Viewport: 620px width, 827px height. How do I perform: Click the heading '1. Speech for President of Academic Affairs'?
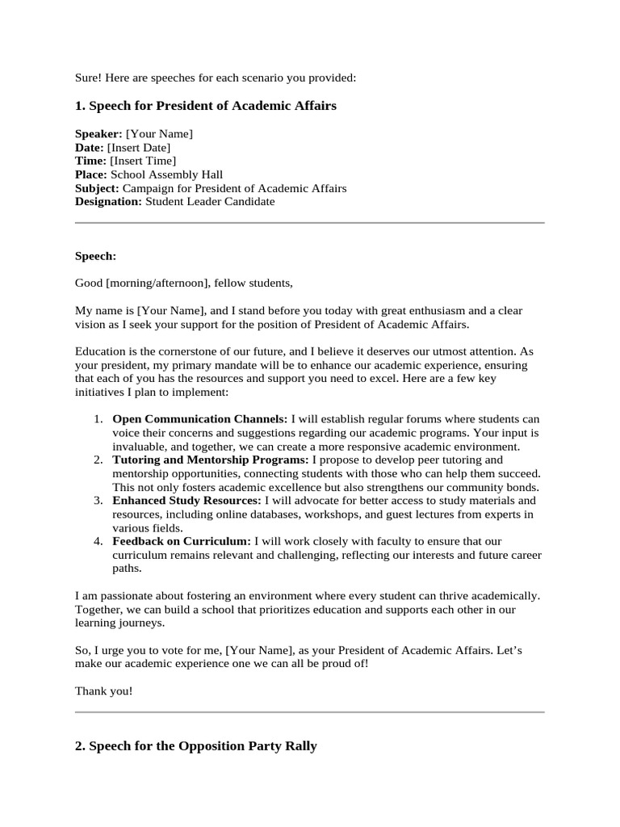[205, 106]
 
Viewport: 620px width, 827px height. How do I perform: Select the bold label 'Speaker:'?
[98, 133]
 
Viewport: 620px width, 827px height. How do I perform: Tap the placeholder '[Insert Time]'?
[143, 161]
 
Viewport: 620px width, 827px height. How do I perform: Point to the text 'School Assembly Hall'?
[166, 174]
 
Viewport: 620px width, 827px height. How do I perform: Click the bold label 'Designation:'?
[108, 202]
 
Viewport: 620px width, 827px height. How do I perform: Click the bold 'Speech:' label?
[95, 256]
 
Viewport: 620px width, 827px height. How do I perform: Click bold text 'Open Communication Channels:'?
[199, 419]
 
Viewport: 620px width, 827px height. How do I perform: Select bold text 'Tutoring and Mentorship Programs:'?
[211, 460]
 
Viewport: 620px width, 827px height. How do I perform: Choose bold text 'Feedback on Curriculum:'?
[182, 541]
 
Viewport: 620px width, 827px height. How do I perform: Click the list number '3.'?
[97, 501]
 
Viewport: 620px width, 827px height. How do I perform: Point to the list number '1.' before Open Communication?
[97, 419]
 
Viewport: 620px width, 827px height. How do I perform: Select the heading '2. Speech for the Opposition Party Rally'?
[195, 747]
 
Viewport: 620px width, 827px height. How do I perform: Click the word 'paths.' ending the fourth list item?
[127, 569]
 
